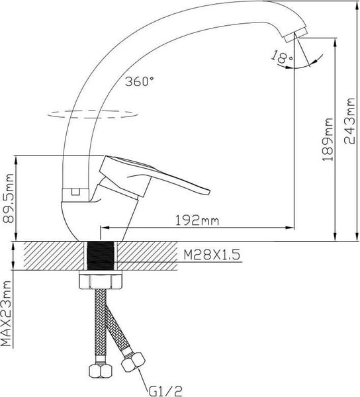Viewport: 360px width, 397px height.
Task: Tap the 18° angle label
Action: point(281,59)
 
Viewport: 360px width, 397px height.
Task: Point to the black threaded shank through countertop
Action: point(101,255)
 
